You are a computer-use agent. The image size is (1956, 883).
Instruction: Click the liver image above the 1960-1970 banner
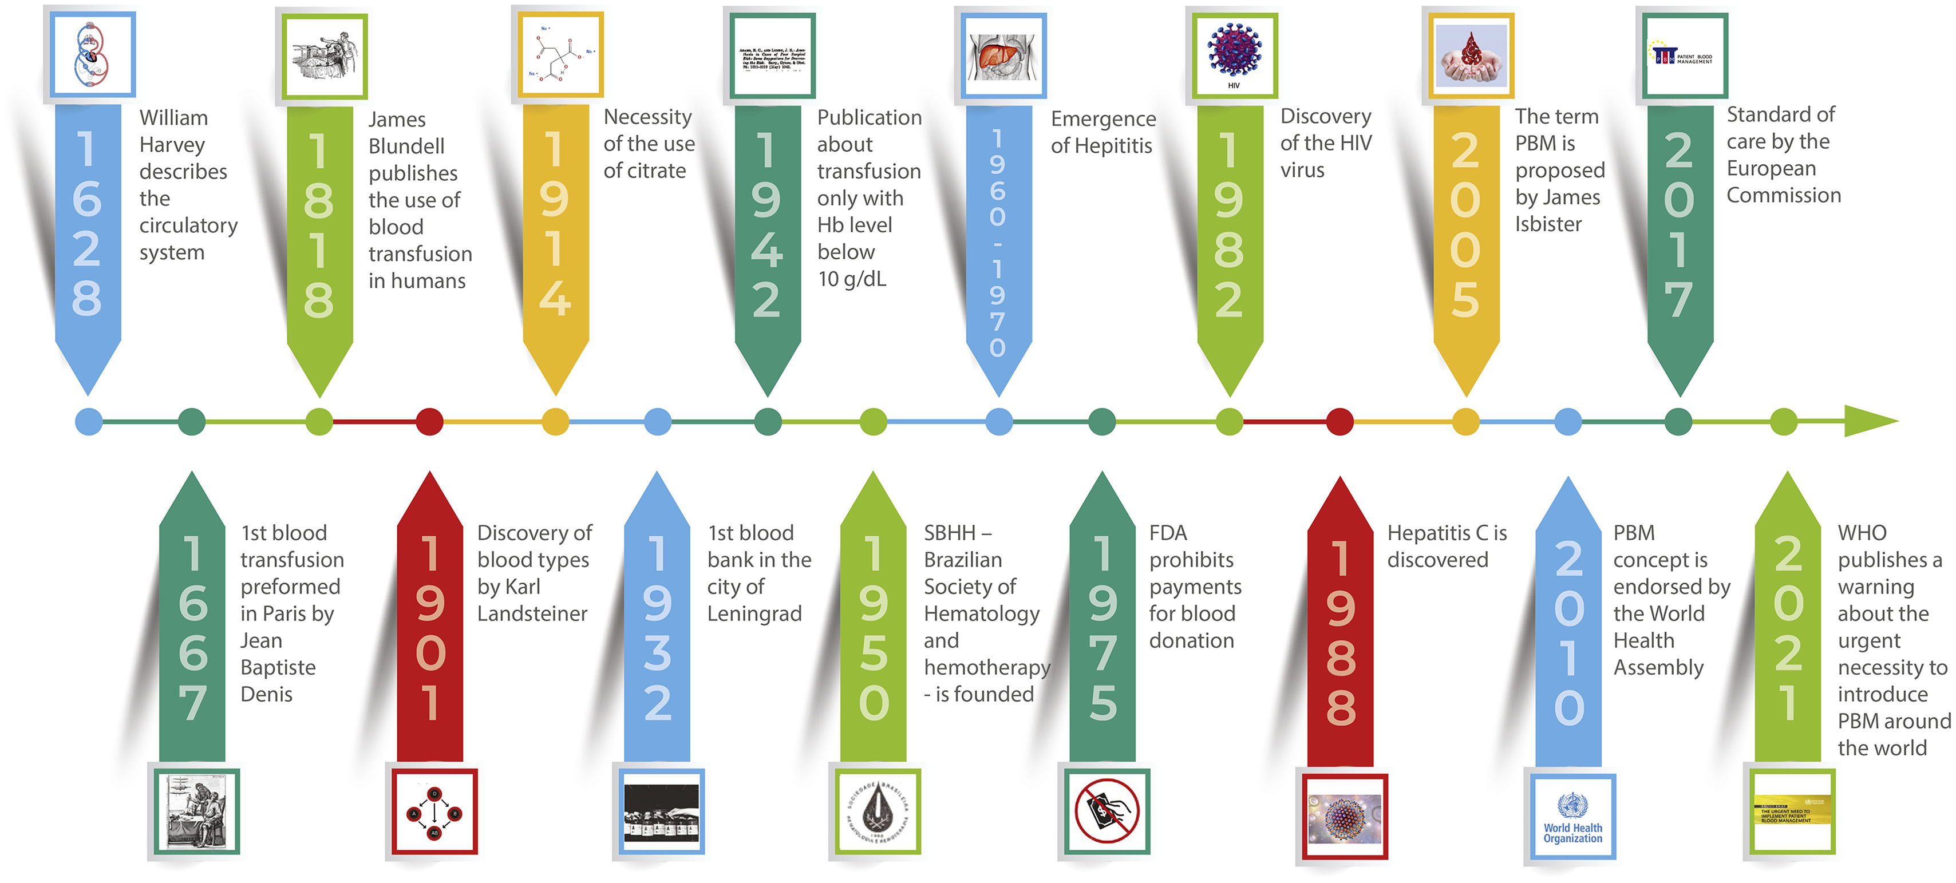click(x=1003, y=56)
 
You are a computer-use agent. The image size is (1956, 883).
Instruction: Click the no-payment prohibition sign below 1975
click(x=1107, y=811)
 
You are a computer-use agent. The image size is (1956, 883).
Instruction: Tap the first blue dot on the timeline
click(x=89, y=421)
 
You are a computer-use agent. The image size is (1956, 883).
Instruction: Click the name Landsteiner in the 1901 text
click(x=532, y=613)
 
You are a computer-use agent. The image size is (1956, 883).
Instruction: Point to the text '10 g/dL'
click(x=851, y=279)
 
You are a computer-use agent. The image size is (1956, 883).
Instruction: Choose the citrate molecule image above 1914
click(x=560, y=55)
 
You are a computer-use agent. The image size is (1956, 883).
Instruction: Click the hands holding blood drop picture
click(x=1471, y=56)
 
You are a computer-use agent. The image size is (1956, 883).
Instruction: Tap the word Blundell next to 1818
click(x=406, y=146)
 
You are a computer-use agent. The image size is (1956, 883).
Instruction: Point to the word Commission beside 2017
click(x=1784, y=195)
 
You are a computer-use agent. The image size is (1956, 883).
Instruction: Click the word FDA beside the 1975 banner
click(x=1168, y=533)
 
